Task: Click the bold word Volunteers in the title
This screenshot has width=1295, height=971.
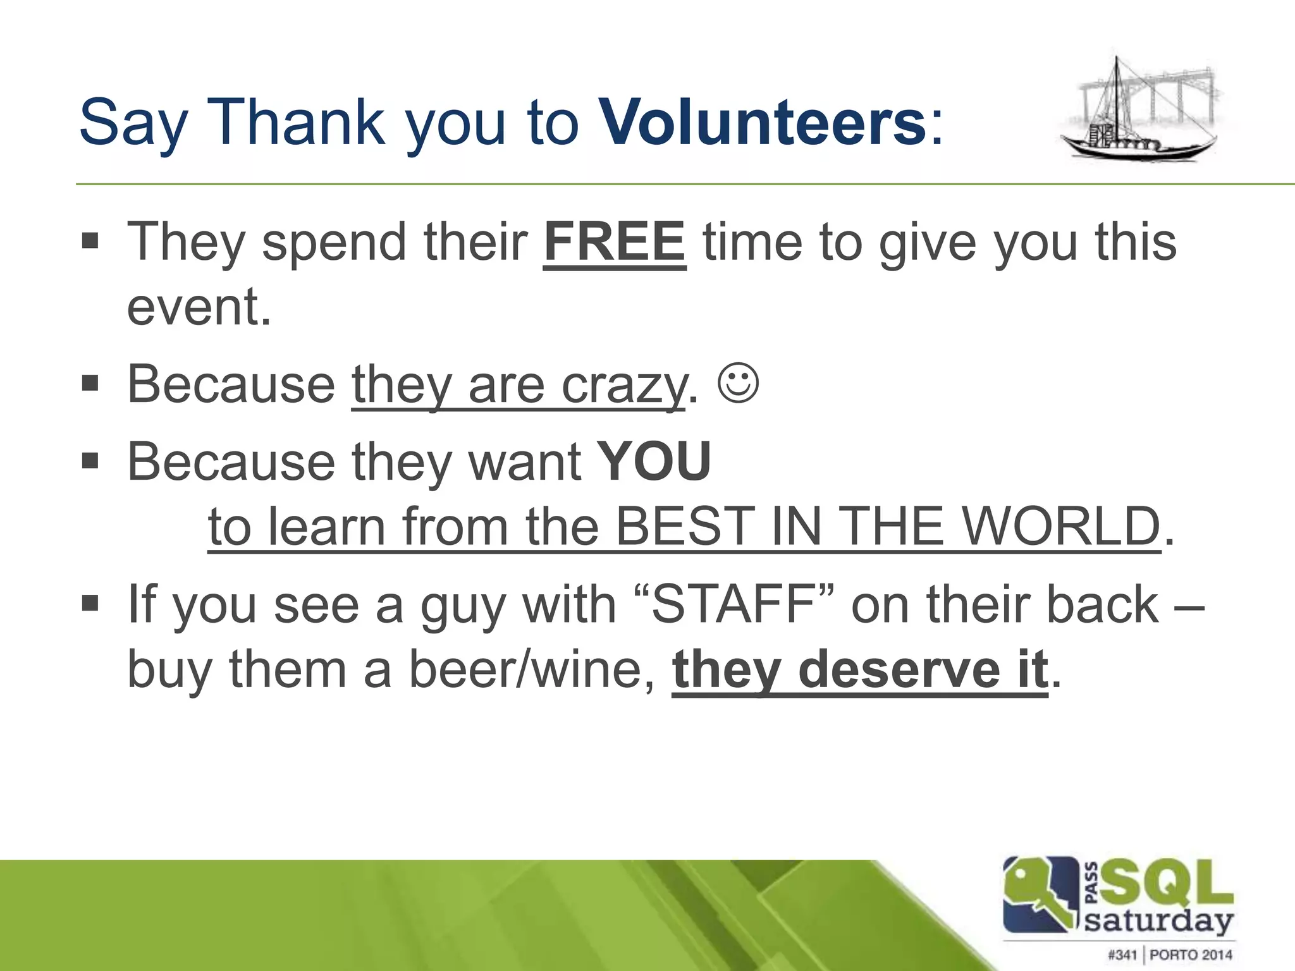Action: (x=763, y=121)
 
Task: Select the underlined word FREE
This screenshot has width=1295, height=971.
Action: (x=614, y=242)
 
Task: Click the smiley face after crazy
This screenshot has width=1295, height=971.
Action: (x=738, y=382)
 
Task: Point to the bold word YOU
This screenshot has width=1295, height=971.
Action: (x=654, y=461)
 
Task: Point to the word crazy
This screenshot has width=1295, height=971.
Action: (x=623, y=385)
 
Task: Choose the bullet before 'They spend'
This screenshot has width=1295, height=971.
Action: (x=90, y=241)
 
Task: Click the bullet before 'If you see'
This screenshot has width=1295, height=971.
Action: (x=90, y=603)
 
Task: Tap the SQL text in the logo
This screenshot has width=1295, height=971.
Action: (x=1167, y=884)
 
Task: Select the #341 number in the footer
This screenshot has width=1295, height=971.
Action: (x=1122, y=955)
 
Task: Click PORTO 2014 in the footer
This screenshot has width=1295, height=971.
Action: (x=1191, y=955)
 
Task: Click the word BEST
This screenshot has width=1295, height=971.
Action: (x=685, y=526)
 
